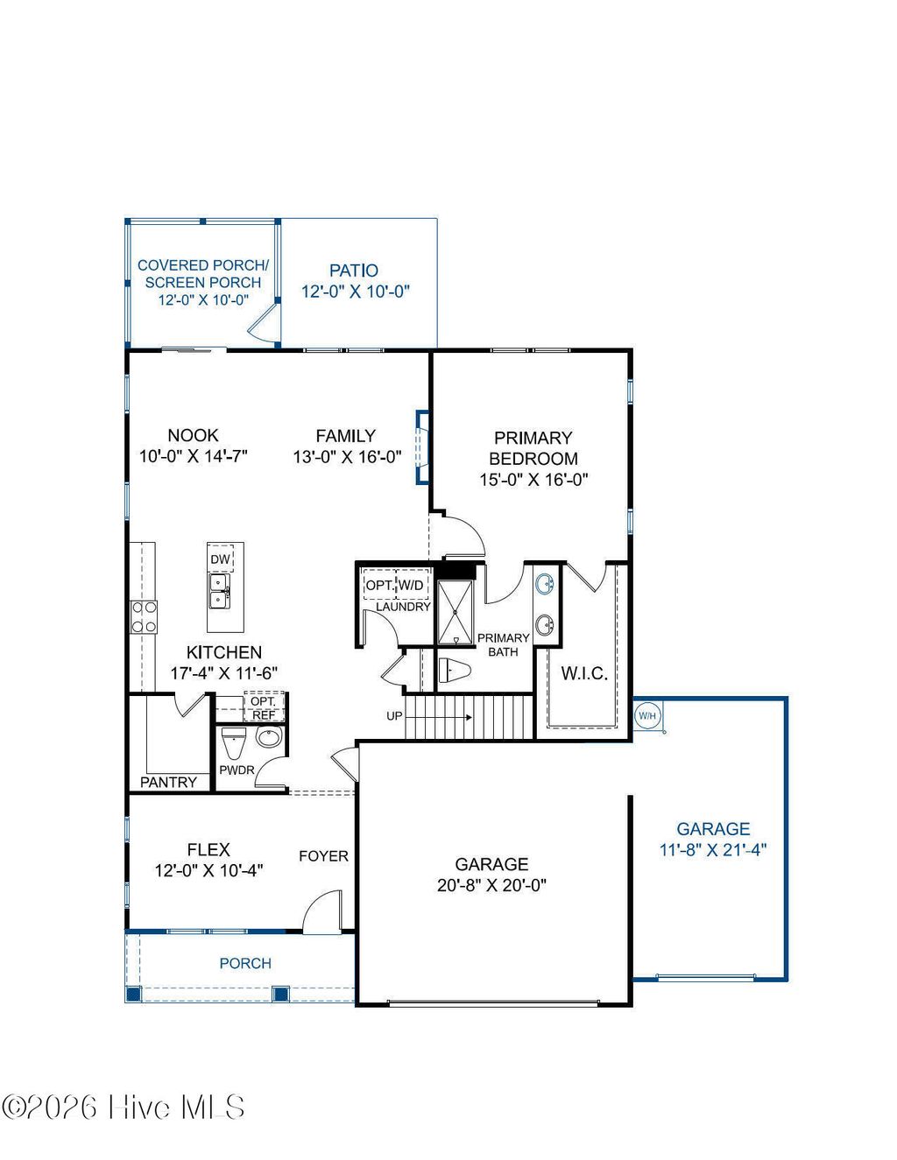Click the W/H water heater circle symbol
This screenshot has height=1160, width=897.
point(646,716)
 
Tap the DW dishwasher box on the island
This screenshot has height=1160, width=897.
point(220,559)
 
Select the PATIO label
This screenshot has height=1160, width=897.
point(354,271)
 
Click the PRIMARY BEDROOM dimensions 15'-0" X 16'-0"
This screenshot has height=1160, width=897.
point(533,480)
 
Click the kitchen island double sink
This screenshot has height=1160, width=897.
point(218,592)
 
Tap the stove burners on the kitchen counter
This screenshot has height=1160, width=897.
point(144,616)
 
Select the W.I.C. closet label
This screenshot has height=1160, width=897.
point(584,673)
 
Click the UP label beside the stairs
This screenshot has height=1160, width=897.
point(395,716)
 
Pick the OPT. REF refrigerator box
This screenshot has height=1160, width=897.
point(264,708)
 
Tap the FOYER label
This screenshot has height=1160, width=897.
point(323,856)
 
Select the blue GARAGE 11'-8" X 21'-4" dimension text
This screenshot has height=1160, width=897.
point(713,849)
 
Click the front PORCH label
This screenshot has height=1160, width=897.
point(245,963)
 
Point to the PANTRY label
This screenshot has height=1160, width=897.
point(168,782)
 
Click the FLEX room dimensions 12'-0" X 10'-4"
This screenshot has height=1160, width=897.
point(208,870)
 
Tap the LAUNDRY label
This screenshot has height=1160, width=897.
point(403,607)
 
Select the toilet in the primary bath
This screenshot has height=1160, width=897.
point(454,671)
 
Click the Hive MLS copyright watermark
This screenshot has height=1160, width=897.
point(124,1107)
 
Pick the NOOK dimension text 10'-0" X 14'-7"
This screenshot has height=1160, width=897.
point(194,456)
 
